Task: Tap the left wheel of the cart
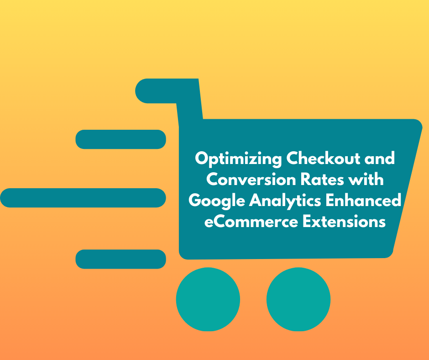point(208,299)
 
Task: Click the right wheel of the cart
point(298,299)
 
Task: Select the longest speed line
point(83,198)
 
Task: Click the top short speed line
point(120,139)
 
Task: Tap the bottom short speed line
point(120,259)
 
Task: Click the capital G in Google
point(195,200)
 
